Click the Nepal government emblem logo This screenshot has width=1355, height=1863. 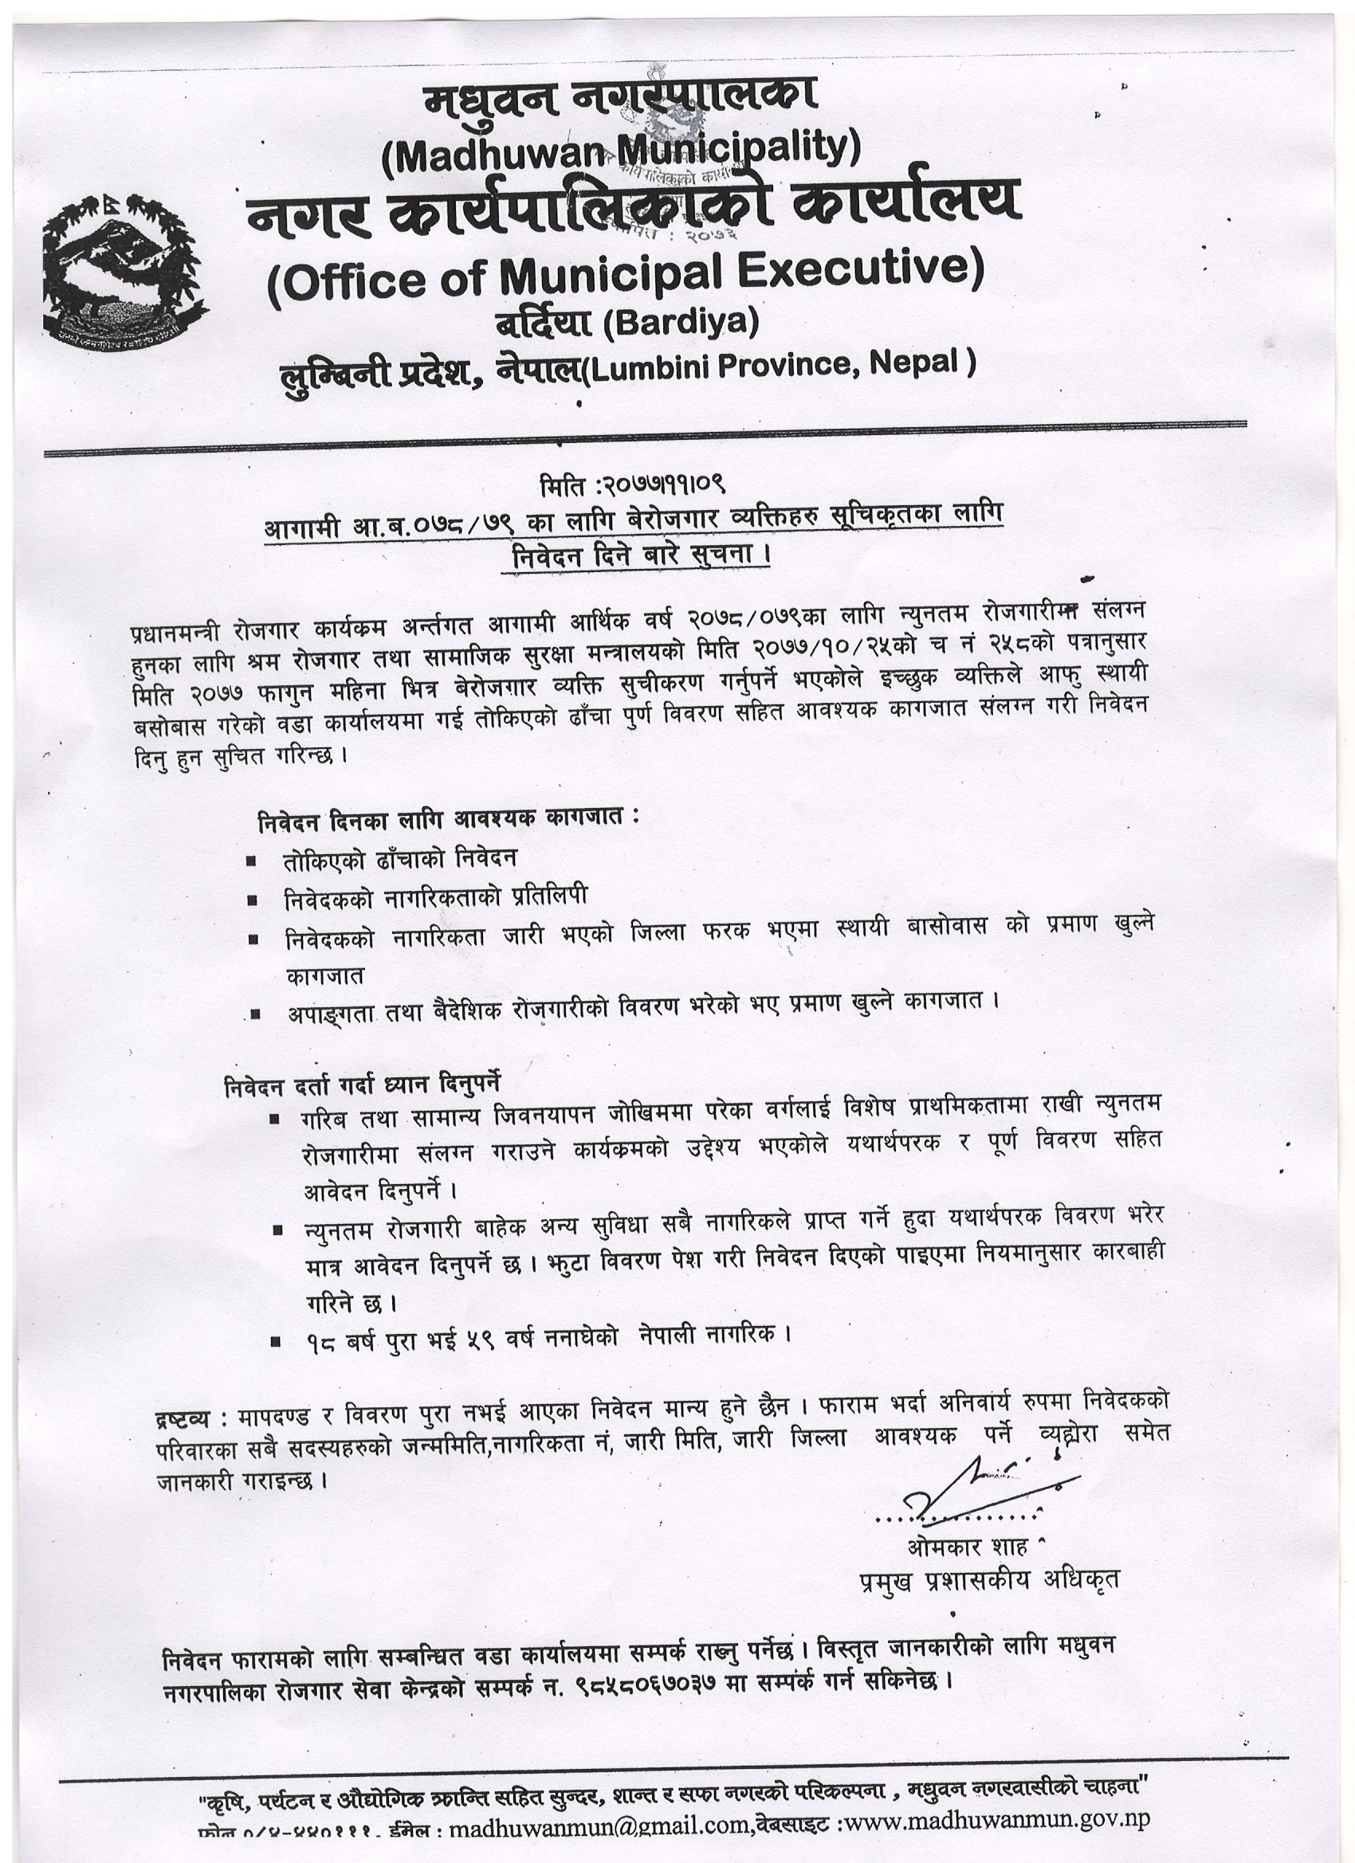pos(123,275)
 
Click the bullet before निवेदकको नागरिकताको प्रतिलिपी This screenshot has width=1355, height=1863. pos(253,900)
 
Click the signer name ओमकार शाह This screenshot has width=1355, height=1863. pos(967,1547)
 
